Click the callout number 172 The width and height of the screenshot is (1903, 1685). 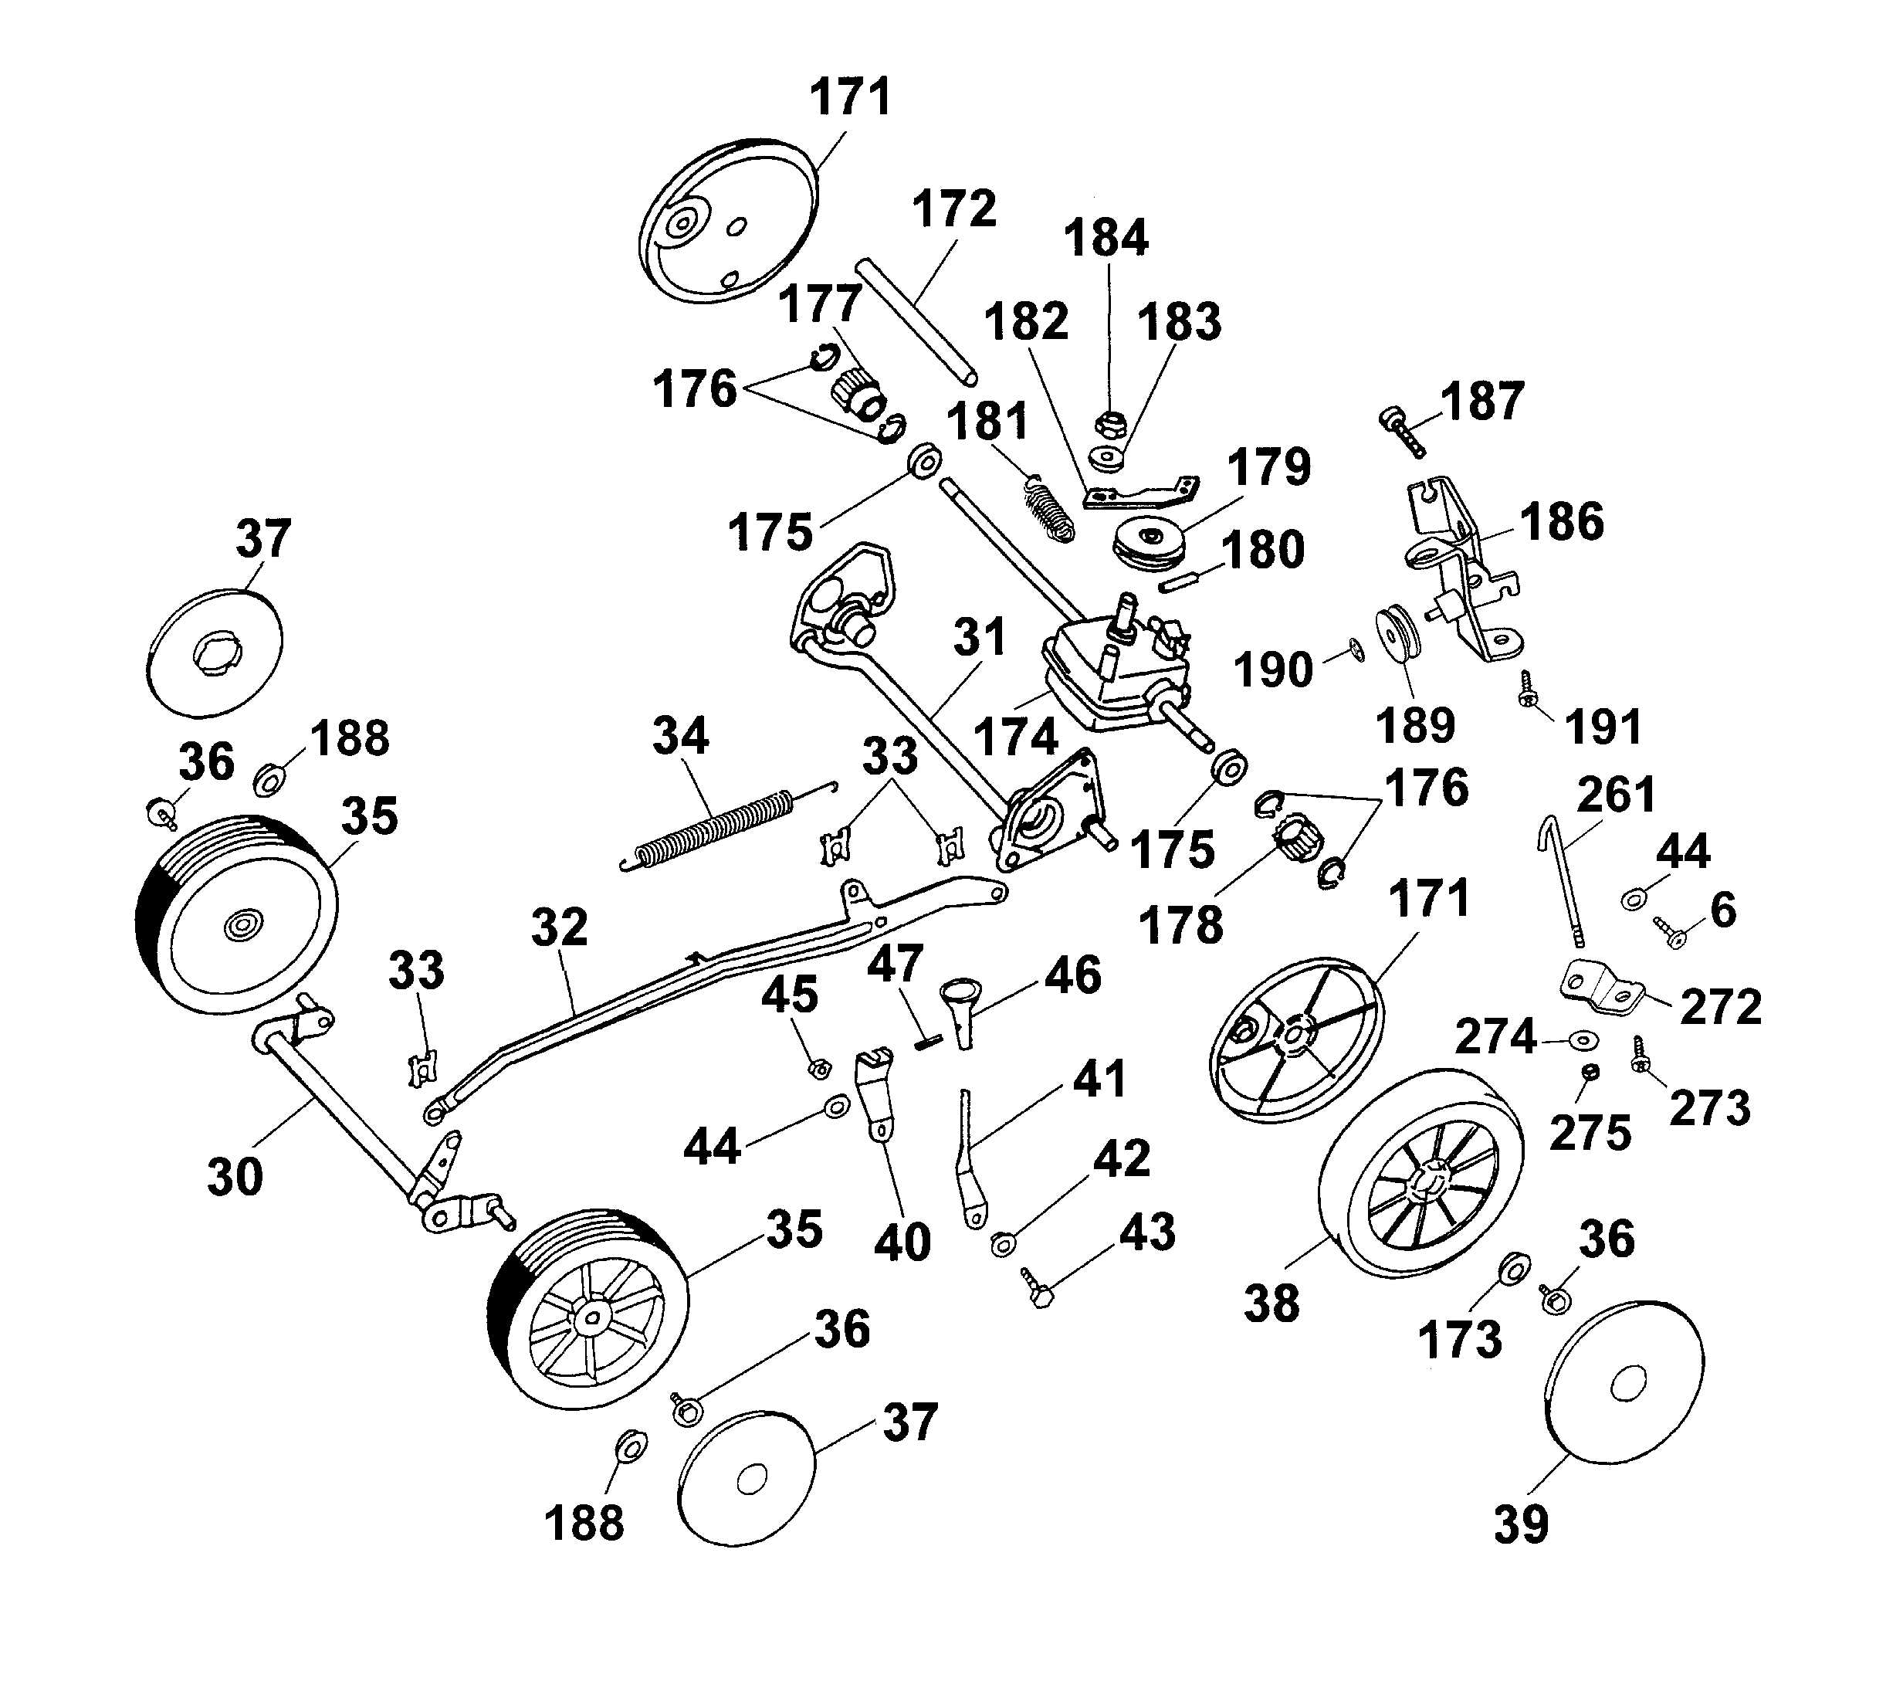[x=953, y=209]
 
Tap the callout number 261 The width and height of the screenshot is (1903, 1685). [x=1617, y=795]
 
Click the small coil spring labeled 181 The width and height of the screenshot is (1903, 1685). [x=1050, y=510]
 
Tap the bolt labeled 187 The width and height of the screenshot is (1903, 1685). [x=1402, y=431]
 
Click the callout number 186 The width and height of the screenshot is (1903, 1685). [x=1563, y=520]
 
